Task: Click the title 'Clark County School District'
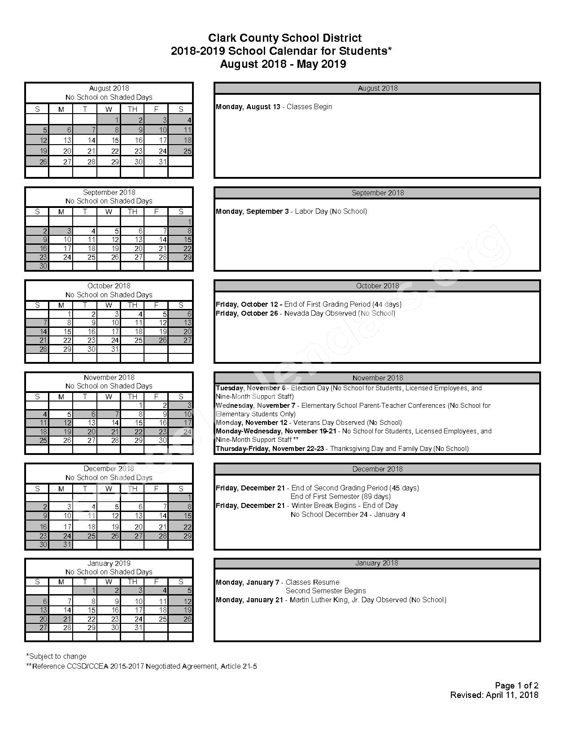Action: (285, 38)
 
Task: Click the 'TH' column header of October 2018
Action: (132, 305)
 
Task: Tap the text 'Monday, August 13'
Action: (248, 107)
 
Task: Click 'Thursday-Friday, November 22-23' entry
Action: (270, 448)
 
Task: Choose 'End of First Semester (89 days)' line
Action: (341, 496)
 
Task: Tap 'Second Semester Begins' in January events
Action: (326, 591)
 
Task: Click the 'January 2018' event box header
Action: (377, 563)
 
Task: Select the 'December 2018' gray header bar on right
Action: (377, 469)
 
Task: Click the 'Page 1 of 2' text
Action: (516, 685)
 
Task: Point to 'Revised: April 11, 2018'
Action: (494, 695)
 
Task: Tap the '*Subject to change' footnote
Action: (56, 656)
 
